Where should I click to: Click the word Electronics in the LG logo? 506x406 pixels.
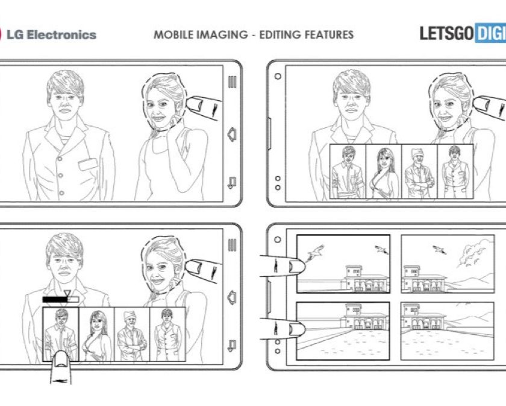pyautogui.click(x=61, y=34)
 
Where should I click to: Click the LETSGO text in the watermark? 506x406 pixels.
pyautogui.click(x=446, y=33)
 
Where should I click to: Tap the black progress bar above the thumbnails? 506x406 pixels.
pyautogui.click(x=55, y=300)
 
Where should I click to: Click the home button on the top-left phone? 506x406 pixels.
pyautogui.click(x=232, y=134)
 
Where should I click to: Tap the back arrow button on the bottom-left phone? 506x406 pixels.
pyautogui.click(x=232, y=346)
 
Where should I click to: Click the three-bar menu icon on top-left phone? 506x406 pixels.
pyautogui.click(x=232, y=82)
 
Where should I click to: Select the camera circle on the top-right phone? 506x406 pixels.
pyautogui.click(x=278, y=76)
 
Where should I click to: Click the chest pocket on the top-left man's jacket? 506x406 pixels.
pyautogui.click(x=88, y=164)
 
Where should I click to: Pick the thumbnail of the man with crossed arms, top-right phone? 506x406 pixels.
pyautogui.click(x=419, y=171)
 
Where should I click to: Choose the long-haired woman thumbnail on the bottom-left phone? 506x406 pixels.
pyautogui.click(x=96, y=335)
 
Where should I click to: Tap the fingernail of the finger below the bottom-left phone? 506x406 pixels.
pyautogui.click(x=61, y=360)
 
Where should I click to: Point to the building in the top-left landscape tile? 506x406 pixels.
pyautogui.click(x=364, y=278)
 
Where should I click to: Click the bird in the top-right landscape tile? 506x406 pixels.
pyautogui.click(x=440, y=250)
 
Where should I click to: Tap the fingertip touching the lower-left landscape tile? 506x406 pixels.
pyautogui.click(x=296, y=329)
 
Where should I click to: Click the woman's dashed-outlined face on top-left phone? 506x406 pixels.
pyautogui.click(x=163, y=103)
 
